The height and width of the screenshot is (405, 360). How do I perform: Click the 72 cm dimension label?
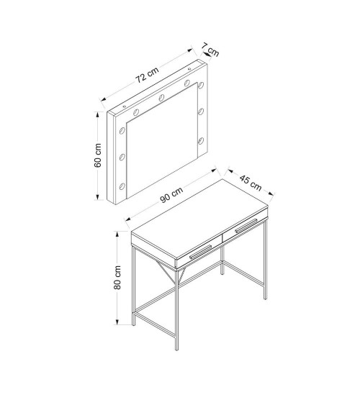148,75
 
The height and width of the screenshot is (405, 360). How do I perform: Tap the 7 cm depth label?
210,50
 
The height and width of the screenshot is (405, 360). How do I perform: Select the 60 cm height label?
98,155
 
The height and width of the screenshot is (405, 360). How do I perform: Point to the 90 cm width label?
171,195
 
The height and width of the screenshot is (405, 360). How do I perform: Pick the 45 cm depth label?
251,183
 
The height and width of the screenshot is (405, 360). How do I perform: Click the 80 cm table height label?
117,278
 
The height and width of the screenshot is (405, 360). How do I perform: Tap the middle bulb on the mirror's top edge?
161,98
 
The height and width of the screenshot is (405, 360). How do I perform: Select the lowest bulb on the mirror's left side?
122,186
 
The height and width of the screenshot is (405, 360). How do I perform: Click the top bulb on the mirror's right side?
201,85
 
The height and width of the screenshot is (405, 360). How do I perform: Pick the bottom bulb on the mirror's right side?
201,141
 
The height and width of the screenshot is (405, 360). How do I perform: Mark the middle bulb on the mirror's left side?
122,157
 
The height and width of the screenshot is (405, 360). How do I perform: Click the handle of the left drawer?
201,252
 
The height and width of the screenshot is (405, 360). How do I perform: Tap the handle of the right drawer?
246,226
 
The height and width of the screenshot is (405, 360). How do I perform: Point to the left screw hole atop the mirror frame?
125,106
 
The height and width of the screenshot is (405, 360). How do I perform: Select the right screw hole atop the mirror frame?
189,69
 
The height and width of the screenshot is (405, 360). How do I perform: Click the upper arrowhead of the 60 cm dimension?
98,114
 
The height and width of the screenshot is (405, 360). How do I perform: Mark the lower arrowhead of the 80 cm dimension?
117,322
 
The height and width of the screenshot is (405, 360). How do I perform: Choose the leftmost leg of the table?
133,286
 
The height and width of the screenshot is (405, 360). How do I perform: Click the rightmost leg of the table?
266,259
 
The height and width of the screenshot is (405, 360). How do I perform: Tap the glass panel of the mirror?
162,141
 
